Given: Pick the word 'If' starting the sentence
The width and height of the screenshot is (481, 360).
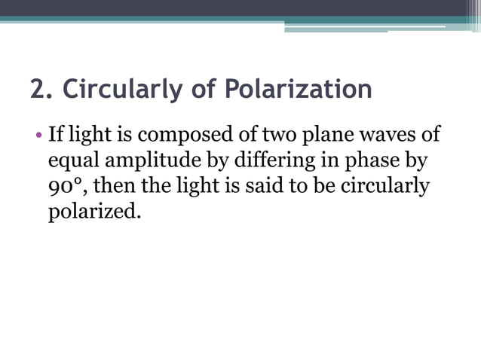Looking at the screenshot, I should pos(55,136).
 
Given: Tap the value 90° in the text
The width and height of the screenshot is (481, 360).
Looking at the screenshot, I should pos(64,186).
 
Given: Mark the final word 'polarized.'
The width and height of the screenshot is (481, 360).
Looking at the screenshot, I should pos(94,212).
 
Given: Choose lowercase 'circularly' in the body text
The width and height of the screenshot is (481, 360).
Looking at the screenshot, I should pos(384,186).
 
